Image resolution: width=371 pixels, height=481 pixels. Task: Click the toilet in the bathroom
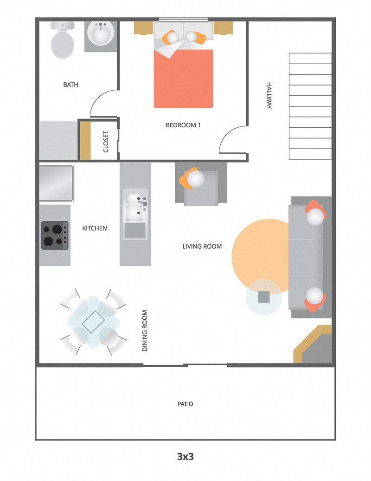tap(63, 41)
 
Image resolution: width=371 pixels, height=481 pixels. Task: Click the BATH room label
tap(70, 85)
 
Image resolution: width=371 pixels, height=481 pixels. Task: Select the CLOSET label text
tap(106, 141)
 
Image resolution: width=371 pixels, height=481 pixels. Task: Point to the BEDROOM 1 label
tap(183, 125)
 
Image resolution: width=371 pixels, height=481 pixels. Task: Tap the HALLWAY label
tap(269, 95)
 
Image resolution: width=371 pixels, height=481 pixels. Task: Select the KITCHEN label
tap(95, 228)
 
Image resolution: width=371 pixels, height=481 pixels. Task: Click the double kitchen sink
tap(135, 207)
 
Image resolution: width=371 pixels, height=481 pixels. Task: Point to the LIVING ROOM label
tap(202, 246)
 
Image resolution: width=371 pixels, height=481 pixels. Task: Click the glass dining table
tap(93, 321)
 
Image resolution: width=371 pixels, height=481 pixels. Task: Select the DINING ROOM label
tap(145, 330)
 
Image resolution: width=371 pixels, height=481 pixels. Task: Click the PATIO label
tap(185, 404)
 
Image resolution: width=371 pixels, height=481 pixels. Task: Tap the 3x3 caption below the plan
tap(185, 456)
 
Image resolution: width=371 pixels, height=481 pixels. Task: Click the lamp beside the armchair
tap(195, 179)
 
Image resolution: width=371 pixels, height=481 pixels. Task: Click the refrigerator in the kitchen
tap(56, 183)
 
